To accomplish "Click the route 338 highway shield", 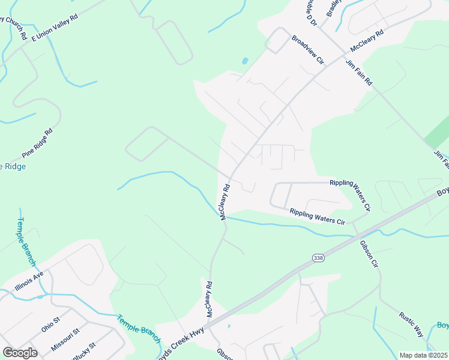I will click(318, 257).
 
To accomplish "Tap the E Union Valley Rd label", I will click(55, 28).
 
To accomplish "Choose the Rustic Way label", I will click(412, 324).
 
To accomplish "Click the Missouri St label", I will click(65, 339).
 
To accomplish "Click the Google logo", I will click(20, 352).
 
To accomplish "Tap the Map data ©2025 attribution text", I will click(423, 355).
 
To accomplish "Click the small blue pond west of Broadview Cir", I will click(244, 61).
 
